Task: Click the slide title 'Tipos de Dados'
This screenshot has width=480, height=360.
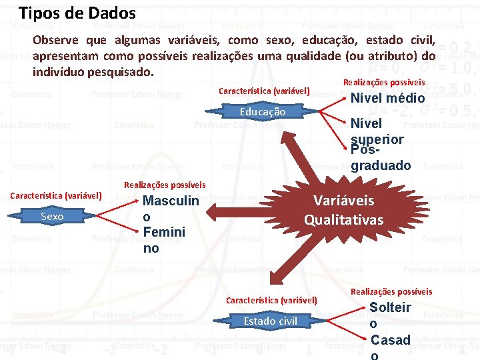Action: (x=77, y=13)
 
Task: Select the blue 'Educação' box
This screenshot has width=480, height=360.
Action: (x=263, y=112)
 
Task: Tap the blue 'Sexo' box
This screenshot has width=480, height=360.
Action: (x=52, y=216)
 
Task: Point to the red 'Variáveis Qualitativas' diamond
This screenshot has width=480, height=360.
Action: (x=344, y=210)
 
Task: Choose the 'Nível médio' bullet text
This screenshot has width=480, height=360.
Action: (x=387, y=98)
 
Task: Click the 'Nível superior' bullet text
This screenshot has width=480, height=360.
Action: (x=377, y=131)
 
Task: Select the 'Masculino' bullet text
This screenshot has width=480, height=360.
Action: (x=171, y=209)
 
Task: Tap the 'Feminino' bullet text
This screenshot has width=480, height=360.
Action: (x=164, y=240)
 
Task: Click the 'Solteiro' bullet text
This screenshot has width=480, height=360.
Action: (x=390, y=315)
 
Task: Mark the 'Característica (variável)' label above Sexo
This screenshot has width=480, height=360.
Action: (x=56, y=195)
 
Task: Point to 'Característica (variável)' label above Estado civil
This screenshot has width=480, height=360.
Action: (x=271, y=300)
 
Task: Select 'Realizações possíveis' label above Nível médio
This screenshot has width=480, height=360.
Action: (x=383, y=82)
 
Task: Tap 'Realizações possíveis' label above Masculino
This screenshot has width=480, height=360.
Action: (x=165, y=185)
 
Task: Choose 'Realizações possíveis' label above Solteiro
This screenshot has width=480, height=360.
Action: (x=391, y=291)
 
